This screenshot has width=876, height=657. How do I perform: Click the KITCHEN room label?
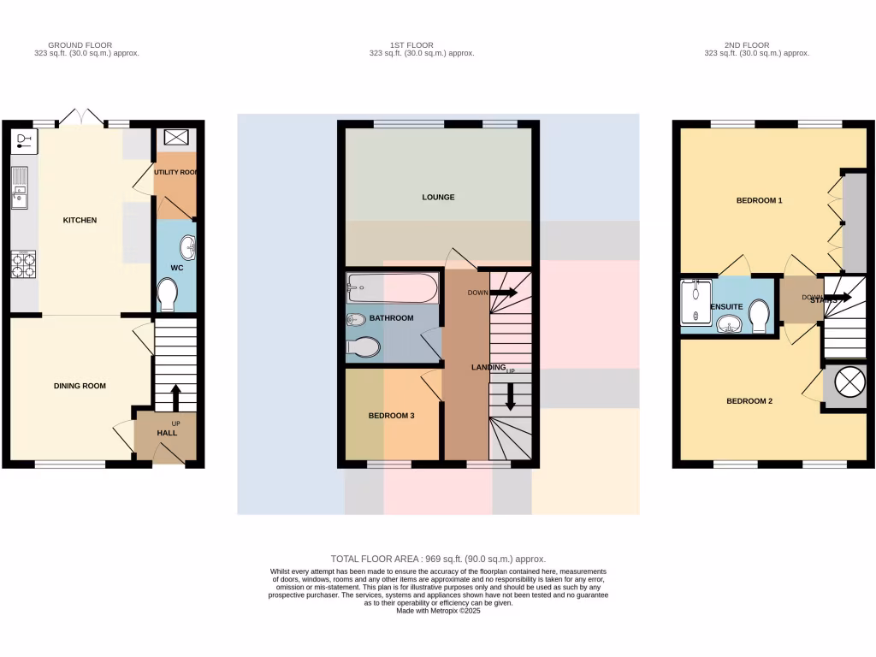pos(80,221)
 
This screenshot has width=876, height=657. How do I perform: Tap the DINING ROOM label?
pos(80,386)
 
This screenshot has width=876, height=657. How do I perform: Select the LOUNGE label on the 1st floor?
pos(438,197)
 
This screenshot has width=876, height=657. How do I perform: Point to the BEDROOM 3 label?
pos(391,416)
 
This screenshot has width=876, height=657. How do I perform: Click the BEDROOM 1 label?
pos(760,201)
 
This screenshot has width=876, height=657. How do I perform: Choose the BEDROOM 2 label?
pos(749,401)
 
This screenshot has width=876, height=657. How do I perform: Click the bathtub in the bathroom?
pos(393,288)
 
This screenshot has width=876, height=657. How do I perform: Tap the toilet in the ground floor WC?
pos(168,296)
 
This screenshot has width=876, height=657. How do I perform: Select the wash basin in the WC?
pos(187,248)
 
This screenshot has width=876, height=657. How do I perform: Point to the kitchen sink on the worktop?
pos(20,189)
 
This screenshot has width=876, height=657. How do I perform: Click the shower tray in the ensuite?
pos(695,305)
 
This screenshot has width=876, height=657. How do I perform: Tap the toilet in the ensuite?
pos(758,317)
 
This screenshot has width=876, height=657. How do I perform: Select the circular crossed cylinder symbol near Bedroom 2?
pos(845,383)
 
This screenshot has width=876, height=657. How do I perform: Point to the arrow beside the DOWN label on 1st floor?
pos(505,293)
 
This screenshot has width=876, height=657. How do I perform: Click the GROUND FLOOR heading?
pos(80,45)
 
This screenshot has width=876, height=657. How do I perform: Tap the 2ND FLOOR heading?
pos(747,45)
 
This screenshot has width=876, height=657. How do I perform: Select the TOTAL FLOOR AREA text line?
pos(438,559)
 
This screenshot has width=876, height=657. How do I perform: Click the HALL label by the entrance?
pos(167,434)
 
